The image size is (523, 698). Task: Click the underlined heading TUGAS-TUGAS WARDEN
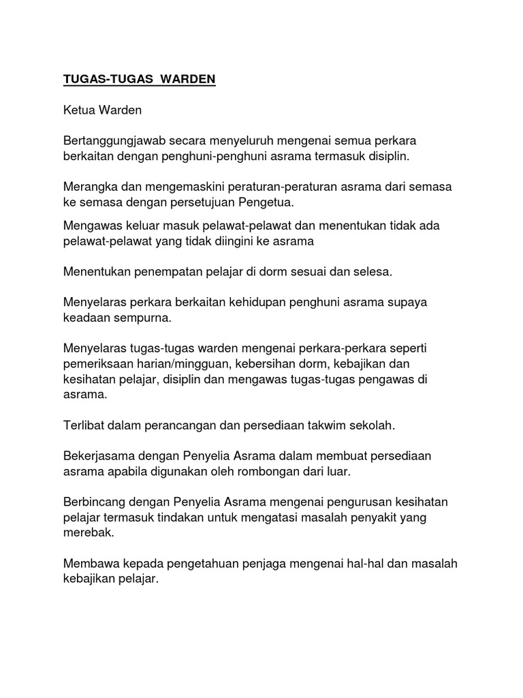click(139, 79)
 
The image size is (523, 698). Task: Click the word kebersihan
click(272, 364)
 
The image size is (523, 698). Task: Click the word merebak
click(89, 533)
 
